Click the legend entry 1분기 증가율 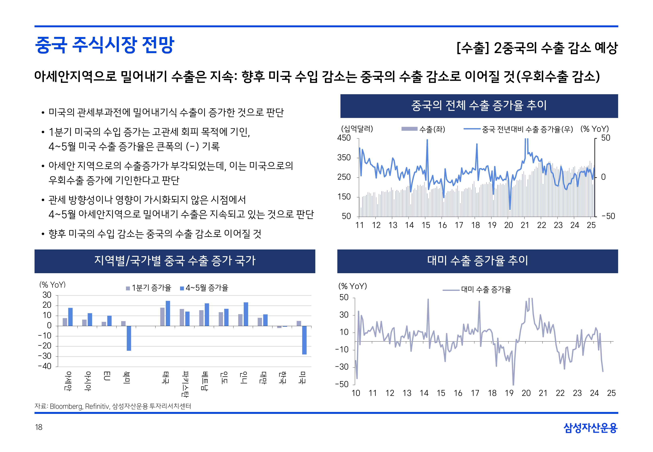149,288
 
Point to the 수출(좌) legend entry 423,129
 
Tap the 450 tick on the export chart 344,138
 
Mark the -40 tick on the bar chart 45,366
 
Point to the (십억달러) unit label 357,129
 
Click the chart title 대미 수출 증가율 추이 477,261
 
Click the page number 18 39,427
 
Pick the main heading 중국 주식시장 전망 104,45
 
